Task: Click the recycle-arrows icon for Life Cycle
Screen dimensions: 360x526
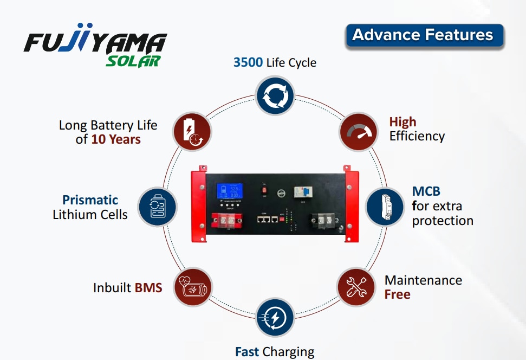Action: tap(275, 96)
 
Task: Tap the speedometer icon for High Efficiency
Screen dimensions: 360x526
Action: tap(358, 131)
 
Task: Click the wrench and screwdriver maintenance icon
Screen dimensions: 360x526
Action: tap(356, 286)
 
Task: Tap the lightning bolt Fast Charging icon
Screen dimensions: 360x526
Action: tap(275, 317)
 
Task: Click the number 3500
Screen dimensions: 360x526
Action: tap(248, 62)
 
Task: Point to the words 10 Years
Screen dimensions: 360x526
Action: tap(115, 139)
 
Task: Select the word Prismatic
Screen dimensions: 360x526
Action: tap(90, 200)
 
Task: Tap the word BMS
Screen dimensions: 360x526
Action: tap(148, 287)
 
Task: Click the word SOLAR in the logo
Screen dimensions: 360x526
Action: tap(133, 61)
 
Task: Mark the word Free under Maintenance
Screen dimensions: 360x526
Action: tap(398, 294)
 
